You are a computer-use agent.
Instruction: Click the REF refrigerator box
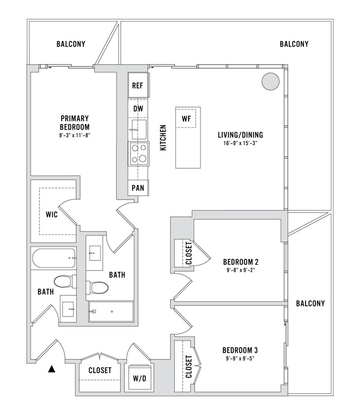coord(138,85)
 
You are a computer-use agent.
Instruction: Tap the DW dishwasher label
coord(138,109)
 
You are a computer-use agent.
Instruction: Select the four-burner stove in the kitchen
coord(139,154)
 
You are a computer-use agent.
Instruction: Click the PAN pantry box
coord(138,188)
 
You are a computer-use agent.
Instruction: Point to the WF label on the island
coord(186,119)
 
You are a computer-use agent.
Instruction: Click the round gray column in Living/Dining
coord(270,81)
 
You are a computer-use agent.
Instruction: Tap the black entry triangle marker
coord(52,369)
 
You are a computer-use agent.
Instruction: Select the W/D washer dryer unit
coord(139,378)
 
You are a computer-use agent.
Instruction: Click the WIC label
coord(51,214)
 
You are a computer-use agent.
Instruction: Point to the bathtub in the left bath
coord(54,258)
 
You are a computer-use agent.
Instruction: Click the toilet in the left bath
coord(65,282)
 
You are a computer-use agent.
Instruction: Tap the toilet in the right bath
coord(97,287)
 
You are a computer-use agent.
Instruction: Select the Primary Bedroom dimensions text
coord(75,135)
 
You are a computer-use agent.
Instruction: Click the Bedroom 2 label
coord(241,262)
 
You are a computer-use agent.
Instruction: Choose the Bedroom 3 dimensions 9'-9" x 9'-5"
coord(240,359)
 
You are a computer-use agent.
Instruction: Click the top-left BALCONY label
coord(71,44)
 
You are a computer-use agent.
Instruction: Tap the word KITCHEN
coord(163,138)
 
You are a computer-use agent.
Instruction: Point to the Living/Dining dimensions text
coord(240,143)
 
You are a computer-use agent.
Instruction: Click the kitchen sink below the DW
coord(139,129)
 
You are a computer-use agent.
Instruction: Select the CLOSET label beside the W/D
coord(100,370)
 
